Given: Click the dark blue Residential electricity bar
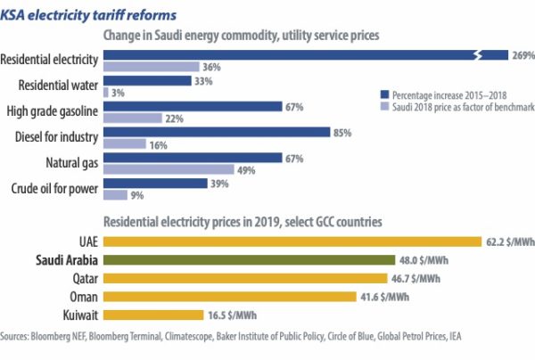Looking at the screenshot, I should (294, 55).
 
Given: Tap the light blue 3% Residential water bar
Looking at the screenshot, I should (106, 92).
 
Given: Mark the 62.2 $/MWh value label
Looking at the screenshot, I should (511, 241).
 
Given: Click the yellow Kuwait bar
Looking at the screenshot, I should (152, 314).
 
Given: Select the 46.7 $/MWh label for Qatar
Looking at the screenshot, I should (417, 278).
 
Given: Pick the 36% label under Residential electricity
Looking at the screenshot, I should (211, 67).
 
